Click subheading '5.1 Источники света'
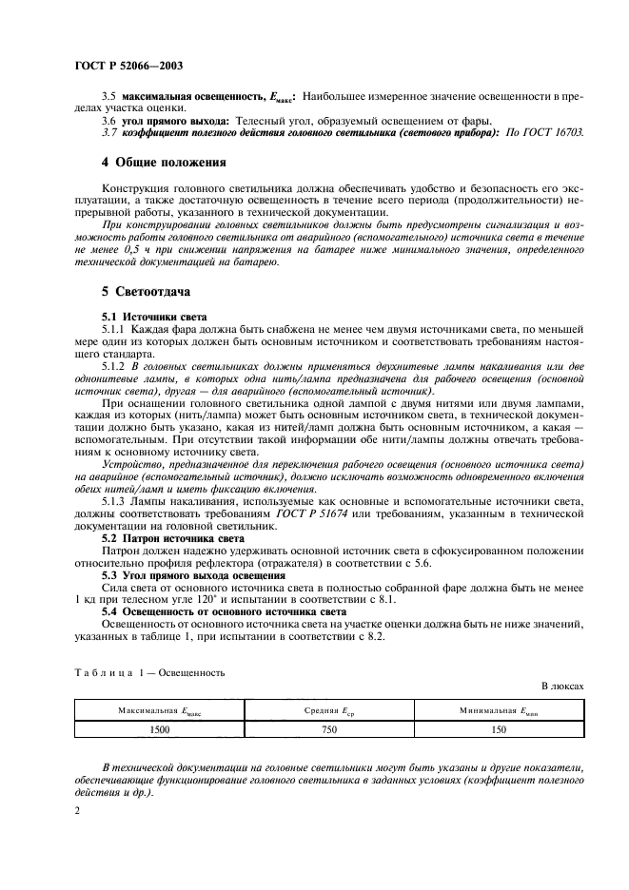pos(154,316)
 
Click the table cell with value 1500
pos(160,729)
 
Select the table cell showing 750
pos(330,729)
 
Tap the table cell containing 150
pos(500,729)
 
